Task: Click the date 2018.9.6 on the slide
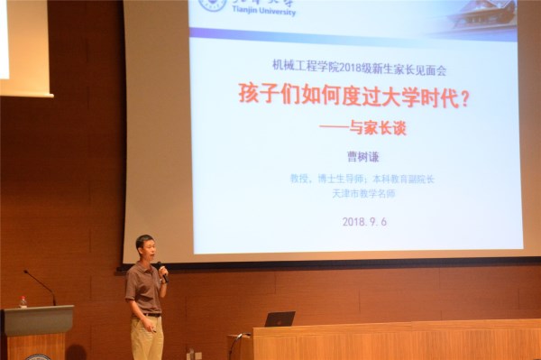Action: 364,221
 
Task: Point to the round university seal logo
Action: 213,5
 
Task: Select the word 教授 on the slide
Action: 299,179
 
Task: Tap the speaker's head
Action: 144,246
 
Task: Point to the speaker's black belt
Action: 149,314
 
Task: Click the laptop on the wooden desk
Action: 280,318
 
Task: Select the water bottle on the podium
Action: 23,301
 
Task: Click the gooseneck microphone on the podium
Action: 41,285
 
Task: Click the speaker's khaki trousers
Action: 147,338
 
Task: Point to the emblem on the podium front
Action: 37,356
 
